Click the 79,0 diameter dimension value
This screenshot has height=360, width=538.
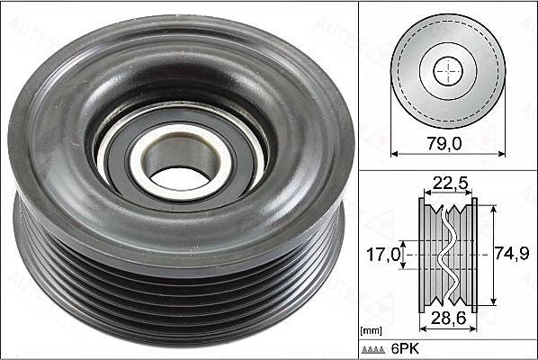pos(444,143)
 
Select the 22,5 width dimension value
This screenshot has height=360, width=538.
pos(450,184)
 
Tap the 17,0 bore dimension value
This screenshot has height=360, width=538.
pos(383,255)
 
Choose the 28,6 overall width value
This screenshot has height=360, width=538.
pos(448,318)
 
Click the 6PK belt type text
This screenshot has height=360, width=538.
pos(405,349)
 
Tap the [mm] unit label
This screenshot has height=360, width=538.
pos(371,331)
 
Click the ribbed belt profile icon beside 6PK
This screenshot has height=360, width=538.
pos(373,350)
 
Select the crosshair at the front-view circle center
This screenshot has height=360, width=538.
pos(448,72)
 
